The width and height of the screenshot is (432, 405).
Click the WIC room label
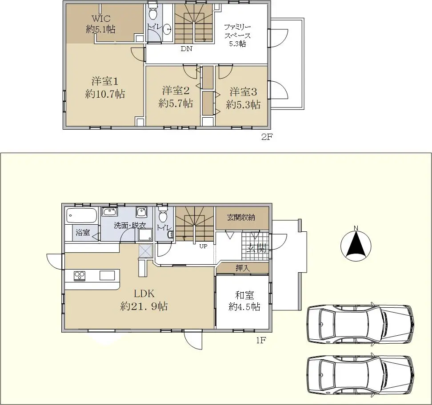(101, 19)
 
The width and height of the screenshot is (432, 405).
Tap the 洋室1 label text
(105, 82)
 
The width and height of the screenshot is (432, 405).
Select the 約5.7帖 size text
(176, 103)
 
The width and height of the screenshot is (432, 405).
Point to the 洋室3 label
(243, 92)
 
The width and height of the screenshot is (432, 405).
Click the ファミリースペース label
(237, 32)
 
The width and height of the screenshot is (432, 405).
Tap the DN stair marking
(186, 49)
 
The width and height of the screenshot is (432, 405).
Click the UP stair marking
(203, 246)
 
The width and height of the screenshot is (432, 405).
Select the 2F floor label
(267, 137)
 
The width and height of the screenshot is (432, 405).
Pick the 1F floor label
(261, 341)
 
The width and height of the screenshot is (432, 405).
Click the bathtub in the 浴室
(82, 215)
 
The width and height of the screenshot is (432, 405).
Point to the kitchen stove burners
(80, 276)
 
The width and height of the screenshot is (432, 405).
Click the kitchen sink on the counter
(107, 275)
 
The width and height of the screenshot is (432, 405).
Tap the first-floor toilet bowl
(163, 215)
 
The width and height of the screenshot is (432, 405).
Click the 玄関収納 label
(241, 218)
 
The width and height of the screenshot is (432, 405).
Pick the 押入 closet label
(243, 268)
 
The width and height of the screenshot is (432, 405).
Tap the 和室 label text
(244, 295)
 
